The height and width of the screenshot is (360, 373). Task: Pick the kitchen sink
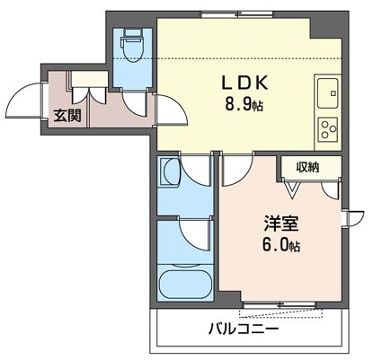327,90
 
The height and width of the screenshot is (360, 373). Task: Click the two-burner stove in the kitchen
327,127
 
